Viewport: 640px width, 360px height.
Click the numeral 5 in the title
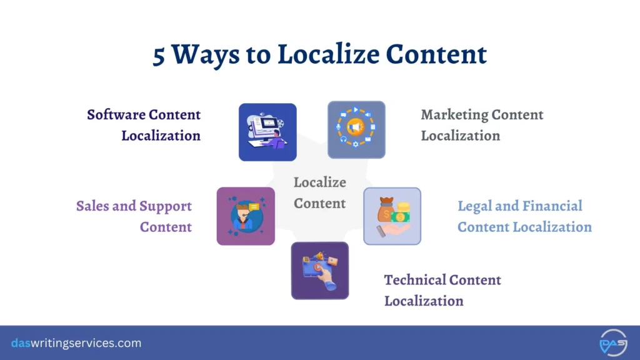[160, 54]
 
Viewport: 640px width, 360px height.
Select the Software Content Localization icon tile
[267, 132]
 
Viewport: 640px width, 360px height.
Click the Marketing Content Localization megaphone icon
[356, 129]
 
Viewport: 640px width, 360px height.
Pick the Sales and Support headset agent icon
[246, 216]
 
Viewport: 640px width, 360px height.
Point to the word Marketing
[454, 115]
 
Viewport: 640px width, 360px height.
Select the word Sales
[92, 206]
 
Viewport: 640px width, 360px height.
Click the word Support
[166, 206]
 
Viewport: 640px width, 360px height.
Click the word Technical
[415, 279]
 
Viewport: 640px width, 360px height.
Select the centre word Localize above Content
[319, 182]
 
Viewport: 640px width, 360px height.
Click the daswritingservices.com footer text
[76, 343]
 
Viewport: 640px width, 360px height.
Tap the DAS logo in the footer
[613, 342]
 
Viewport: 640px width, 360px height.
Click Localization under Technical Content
[424, 301]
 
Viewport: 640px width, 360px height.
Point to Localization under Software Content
[161, 136]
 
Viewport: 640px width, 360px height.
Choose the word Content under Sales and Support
[166, 227]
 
